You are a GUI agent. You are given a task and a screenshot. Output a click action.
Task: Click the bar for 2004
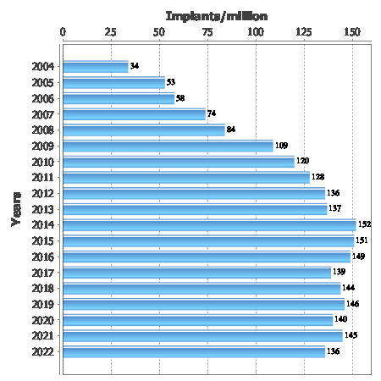96,67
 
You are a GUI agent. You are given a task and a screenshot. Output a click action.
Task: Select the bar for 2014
209,225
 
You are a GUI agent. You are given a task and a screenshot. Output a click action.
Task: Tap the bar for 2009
168,146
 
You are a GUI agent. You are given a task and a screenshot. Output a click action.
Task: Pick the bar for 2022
194,351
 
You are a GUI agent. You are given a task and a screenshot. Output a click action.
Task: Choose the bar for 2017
197,273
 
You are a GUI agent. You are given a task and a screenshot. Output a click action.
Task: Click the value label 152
364,224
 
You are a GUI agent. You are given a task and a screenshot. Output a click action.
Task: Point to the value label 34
135,66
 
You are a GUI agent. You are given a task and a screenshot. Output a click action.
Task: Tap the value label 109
281,146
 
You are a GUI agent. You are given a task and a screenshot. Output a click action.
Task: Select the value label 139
339,272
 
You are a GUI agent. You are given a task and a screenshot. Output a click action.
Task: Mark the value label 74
212,113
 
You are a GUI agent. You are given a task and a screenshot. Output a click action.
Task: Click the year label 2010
43,163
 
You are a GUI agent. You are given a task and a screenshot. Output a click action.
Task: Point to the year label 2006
43,99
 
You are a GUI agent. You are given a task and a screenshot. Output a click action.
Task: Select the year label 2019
43,305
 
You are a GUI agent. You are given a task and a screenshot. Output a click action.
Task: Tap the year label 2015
43,241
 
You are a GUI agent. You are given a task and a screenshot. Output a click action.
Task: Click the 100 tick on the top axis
256,32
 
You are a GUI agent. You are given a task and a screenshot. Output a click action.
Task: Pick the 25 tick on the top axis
110,32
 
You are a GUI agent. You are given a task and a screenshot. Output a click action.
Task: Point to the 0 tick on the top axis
63,32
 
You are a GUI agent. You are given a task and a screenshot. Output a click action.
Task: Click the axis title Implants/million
217,16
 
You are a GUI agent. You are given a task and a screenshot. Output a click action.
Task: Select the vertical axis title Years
16,209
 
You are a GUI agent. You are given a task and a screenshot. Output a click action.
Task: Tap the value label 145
351,335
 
